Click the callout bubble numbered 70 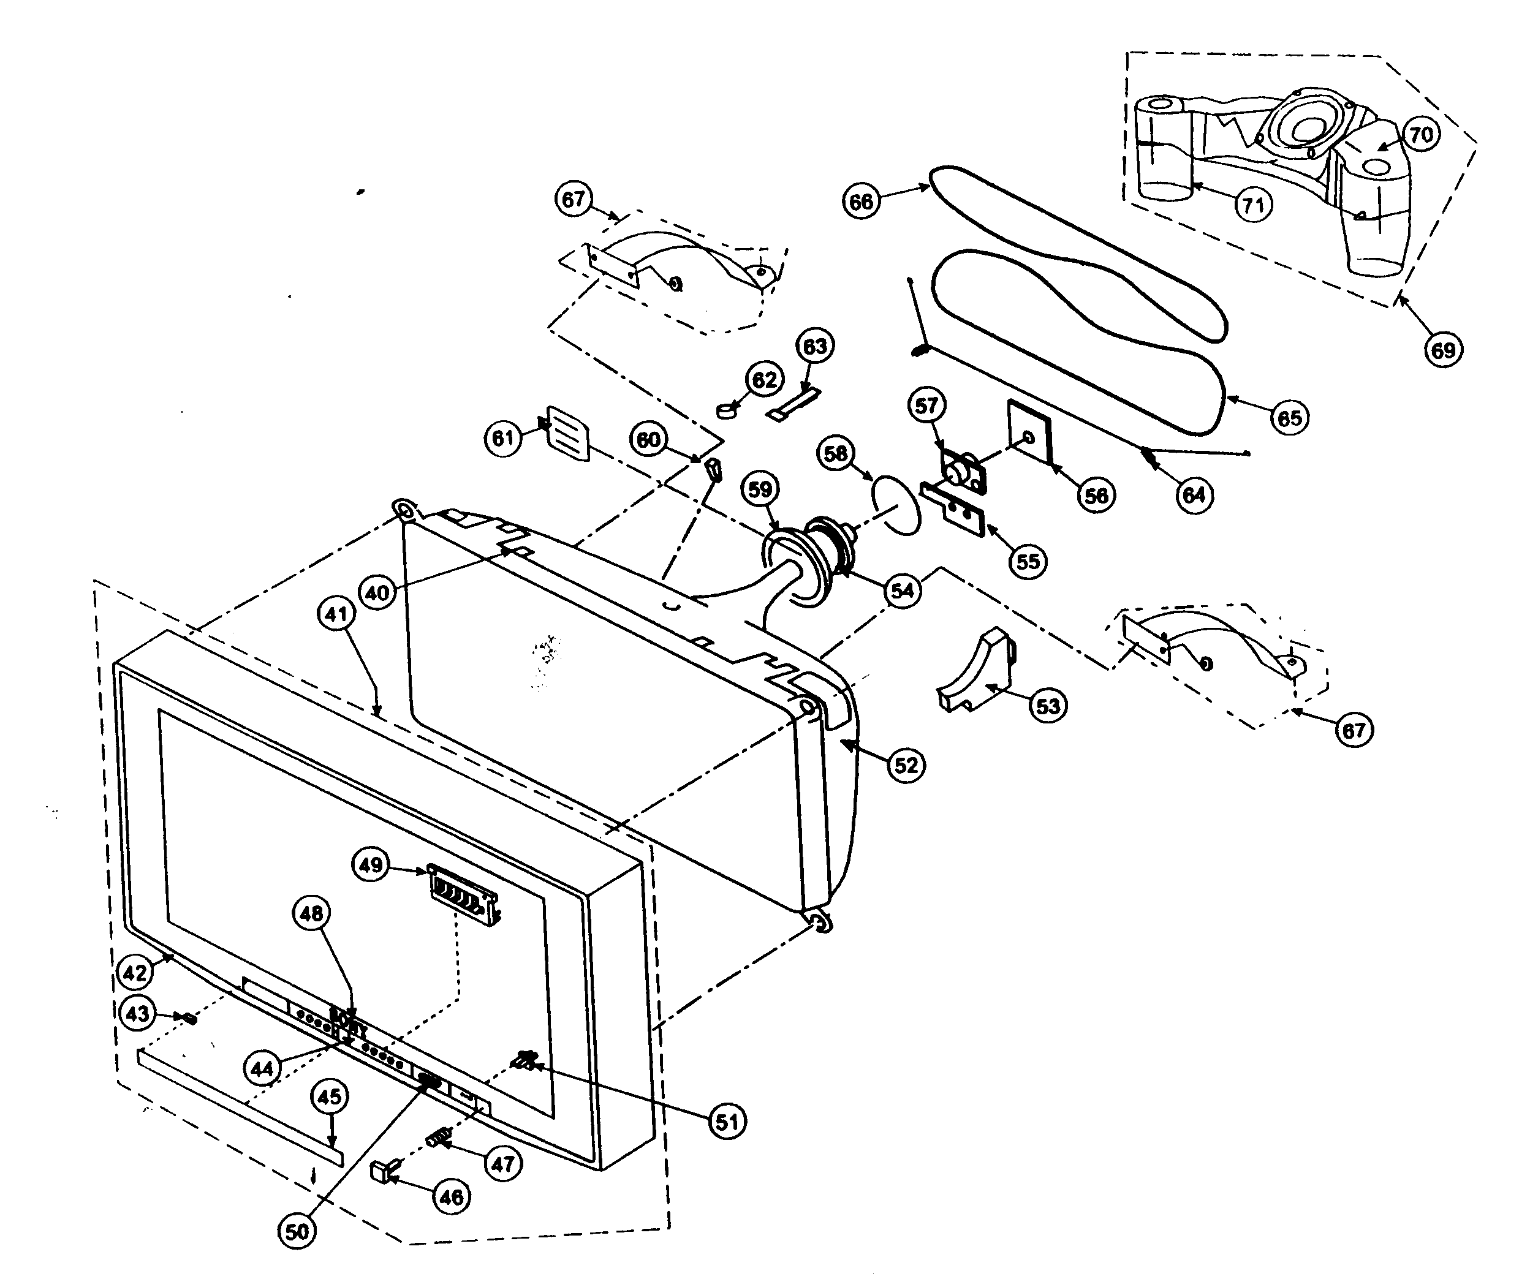[x=1420, y=134]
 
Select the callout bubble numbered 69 [x=1442, y=350]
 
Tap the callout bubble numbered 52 [x=906, y=764]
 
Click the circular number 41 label [x=336, y=614]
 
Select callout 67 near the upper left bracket [x=574, y=199]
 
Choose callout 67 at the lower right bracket [x=1354, y=730]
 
